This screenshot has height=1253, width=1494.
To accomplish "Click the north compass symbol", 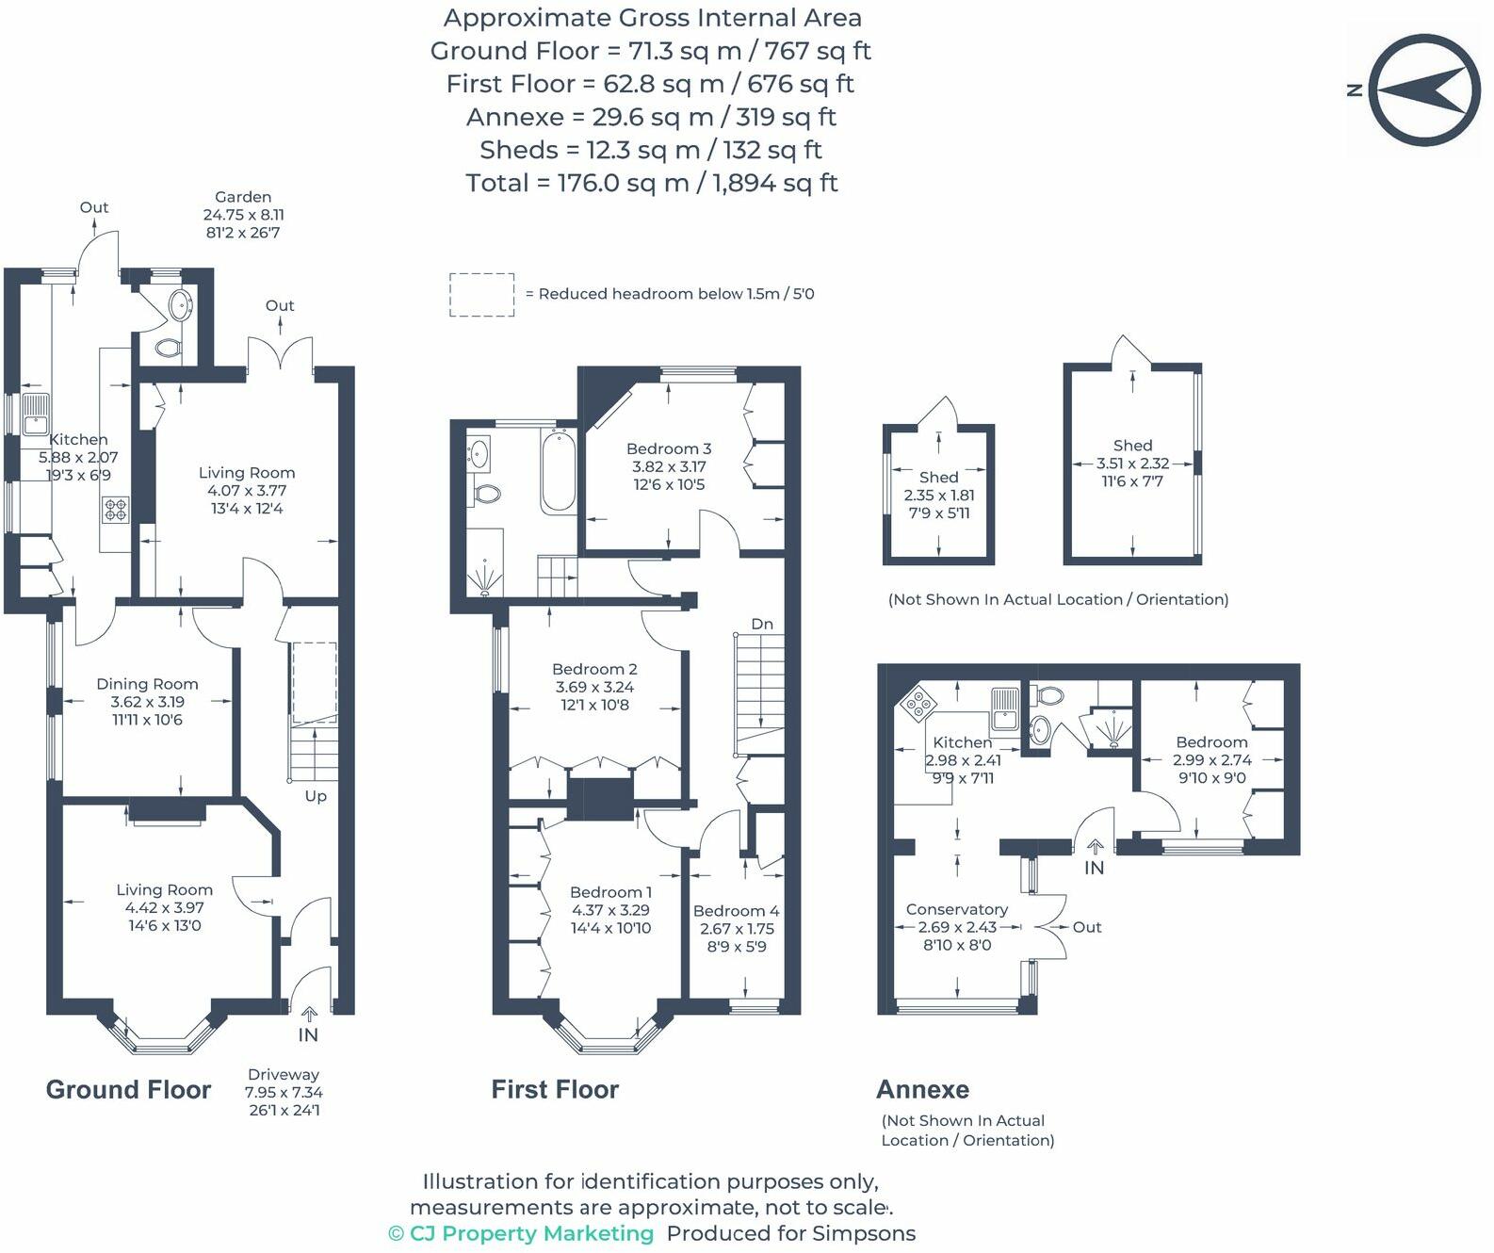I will point(1422,90).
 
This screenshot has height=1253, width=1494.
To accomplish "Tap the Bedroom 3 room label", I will point(669,449).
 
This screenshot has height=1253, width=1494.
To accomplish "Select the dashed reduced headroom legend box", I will point(481,295).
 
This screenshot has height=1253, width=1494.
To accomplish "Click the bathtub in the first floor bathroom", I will point(559,470).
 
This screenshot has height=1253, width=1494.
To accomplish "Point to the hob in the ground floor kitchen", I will point(116,510).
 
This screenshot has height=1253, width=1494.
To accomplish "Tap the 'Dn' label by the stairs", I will point(762,624).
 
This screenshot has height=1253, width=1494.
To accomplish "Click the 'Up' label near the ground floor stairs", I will point(316,796).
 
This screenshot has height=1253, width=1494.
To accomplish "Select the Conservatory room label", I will point(956,909).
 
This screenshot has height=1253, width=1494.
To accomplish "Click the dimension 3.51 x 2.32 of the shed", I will point(1132,464).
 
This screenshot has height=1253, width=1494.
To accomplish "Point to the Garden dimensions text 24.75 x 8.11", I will point(243,215).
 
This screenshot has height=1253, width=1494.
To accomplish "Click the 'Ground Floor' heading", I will point(128,1090).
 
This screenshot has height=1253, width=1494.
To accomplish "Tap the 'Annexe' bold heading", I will point(922,1089).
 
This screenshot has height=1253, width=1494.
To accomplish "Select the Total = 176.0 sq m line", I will point(651,183).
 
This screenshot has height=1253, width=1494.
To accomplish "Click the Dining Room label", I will point(147,684).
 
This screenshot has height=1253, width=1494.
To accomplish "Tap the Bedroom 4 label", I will point(736,911).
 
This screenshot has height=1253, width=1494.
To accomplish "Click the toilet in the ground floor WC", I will point(168,348).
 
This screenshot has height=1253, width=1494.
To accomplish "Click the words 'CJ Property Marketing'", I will point(530,1233).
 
